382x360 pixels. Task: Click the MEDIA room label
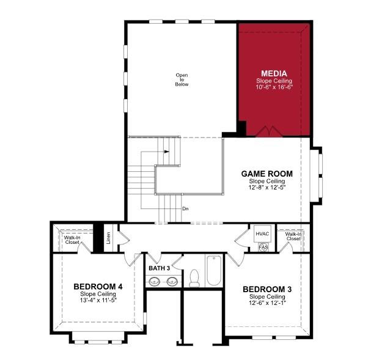(274, 73)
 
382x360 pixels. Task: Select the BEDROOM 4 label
(98, 286)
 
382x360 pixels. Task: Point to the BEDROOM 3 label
(267, 289)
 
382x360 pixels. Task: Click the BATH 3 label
(160, 268)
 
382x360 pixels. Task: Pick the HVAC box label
(262, 234)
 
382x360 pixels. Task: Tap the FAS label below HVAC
(263, 248)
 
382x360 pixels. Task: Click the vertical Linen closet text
(108, 237)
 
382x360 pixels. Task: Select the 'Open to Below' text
(182, 79)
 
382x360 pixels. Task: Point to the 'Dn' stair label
(185, 208)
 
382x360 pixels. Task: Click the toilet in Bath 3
(194, 278)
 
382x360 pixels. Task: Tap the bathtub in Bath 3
(213, 271)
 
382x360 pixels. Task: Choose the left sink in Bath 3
(155, 282)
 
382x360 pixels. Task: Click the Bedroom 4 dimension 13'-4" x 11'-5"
(98, 299)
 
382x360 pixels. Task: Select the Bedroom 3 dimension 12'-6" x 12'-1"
(267, 303)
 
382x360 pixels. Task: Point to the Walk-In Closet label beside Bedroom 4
(72, 240)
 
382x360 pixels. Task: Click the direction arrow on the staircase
(167, 152)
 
